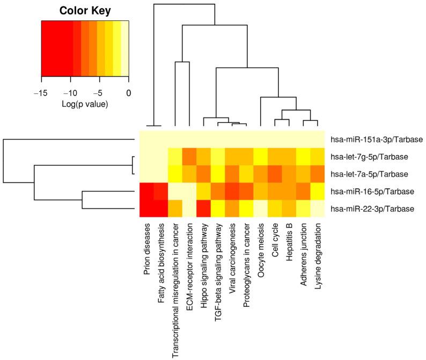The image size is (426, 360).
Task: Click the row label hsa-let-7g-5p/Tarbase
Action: [x=370, y=157]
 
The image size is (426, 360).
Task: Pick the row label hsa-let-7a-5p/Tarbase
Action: [x=370, y=174]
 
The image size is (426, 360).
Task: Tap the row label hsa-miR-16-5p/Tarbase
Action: [x=370, y=191]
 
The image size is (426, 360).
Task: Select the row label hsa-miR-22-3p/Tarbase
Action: [x=370, y=208]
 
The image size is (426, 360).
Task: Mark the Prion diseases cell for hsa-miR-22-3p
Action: [x=147, y=208]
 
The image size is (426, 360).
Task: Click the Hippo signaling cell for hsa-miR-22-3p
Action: [x=203, y=208]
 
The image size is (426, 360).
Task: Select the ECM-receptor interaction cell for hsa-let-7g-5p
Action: [x=189, y=157]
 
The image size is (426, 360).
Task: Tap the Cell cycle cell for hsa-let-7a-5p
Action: [x=274, y=174]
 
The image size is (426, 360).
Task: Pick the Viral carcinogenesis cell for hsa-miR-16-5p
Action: [x=232, y=191]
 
